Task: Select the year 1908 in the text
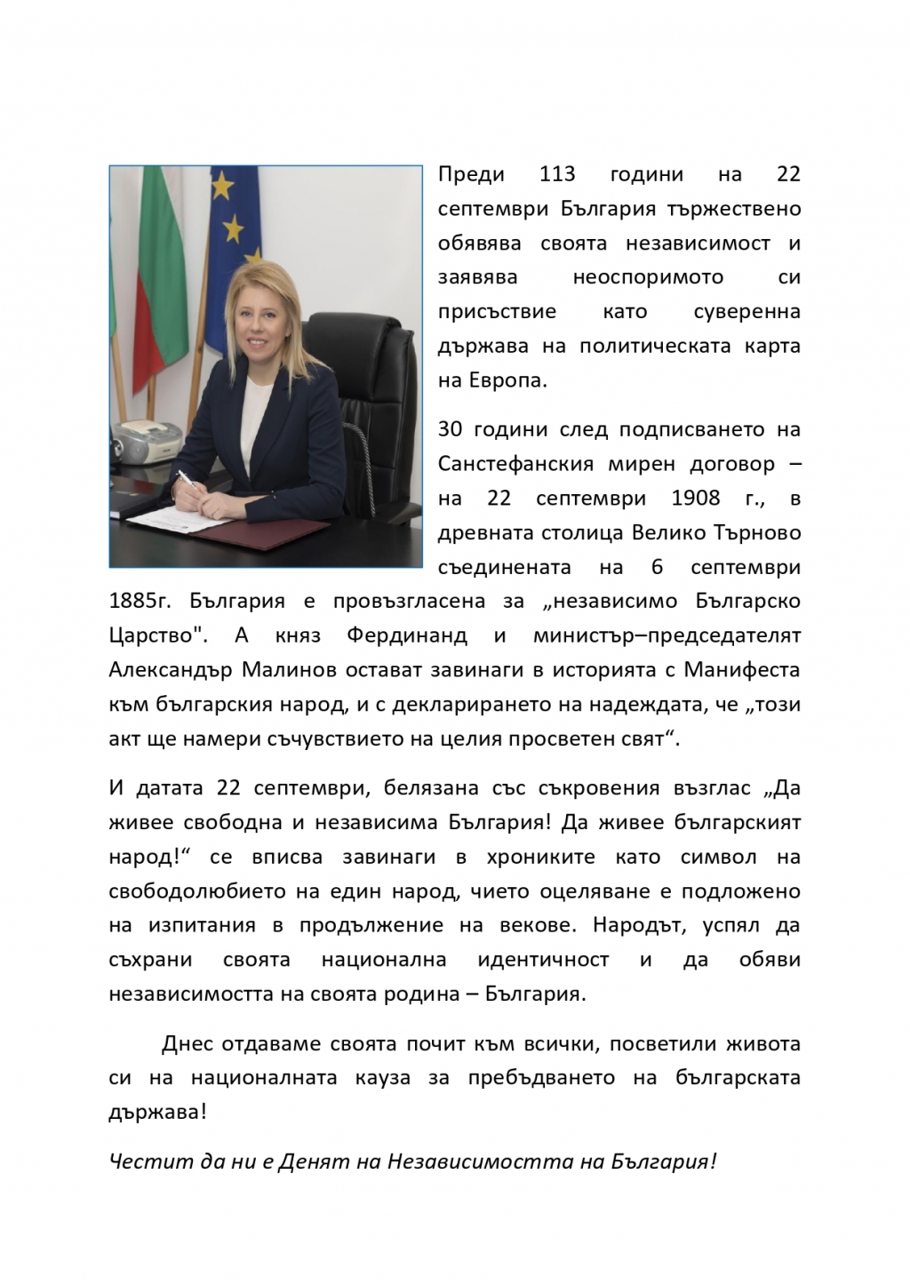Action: click(x=696, y=497)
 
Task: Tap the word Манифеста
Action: click(x=746, y=669)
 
